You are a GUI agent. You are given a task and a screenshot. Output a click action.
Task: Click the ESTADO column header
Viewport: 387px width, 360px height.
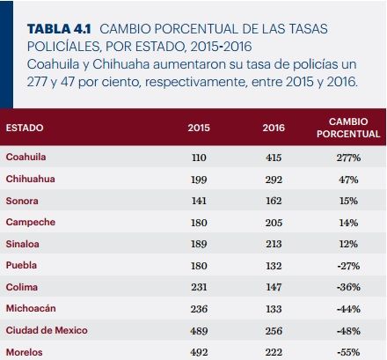25,128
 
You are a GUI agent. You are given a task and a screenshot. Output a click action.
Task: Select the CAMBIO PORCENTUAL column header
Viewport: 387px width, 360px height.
348,128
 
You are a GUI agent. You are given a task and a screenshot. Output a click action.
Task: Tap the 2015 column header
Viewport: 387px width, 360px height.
199,128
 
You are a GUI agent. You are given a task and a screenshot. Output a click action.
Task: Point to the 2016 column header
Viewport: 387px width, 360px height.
274,128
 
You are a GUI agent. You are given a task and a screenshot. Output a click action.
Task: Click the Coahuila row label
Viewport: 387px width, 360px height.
26,157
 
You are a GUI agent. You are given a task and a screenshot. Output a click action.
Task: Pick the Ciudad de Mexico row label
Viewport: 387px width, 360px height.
47,330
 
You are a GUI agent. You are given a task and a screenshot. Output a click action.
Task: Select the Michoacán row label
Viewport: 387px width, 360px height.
31,308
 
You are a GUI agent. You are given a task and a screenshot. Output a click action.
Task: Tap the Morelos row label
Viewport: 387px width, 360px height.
25,352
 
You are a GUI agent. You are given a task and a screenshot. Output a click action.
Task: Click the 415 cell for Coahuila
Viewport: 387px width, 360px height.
274,158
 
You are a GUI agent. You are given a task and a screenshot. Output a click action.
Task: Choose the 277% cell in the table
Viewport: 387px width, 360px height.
348,158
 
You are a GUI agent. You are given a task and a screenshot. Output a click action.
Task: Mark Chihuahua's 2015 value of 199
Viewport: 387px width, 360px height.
199,180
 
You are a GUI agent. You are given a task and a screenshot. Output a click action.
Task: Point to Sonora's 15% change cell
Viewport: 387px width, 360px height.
348,201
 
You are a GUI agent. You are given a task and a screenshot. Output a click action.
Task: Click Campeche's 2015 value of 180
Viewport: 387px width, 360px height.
199,223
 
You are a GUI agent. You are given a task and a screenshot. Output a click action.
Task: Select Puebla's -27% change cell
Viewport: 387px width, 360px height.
348,266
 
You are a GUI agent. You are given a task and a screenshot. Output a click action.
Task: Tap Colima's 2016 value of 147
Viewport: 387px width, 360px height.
274,287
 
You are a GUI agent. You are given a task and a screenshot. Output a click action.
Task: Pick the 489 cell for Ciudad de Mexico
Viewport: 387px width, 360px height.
199,331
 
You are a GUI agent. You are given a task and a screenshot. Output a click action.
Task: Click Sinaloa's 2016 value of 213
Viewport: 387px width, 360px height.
274,244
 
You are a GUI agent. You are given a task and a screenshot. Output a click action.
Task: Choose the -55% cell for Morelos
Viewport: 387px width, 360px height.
348,352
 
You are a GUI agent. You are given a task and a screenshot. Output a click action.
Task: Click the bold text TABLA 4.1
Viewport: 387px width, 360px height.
59,29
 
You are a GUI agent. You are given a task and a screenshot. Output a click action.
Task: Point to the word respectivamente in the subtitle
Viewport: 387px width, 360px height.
194,82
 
